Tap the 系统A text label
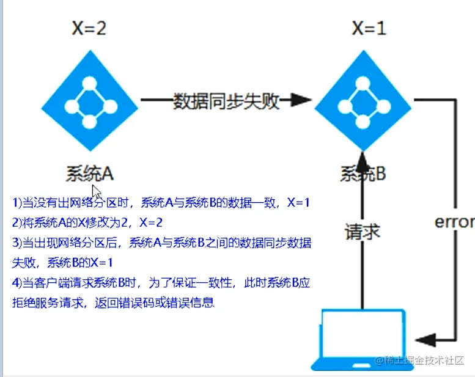[x=90, y=173]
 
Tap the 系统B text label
[x=363, y=174]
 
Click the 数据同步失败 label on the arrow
[x=226, y=101]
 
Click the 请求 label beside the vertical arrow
[x=363, y=232]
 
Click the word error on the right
[x=454, y=222]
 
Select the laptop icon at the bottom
[x=363, y=339]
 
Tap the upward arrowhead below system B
[x=363, y=160]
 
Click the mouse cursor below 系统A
[x=96, y=191]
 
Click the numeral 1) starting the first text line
[x=17, y=202]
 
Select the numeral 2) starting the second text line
[x=17, y=222]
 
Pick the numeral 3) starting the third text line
[x=17, y=243]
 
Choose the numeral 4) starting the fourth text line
[x=17, y=284]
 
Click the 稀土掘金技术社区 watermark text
[x=421, y=361]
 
